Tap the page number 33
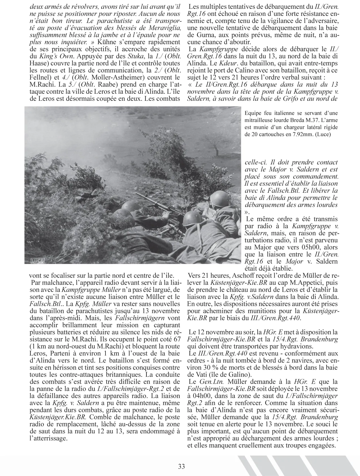point(181,466)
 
